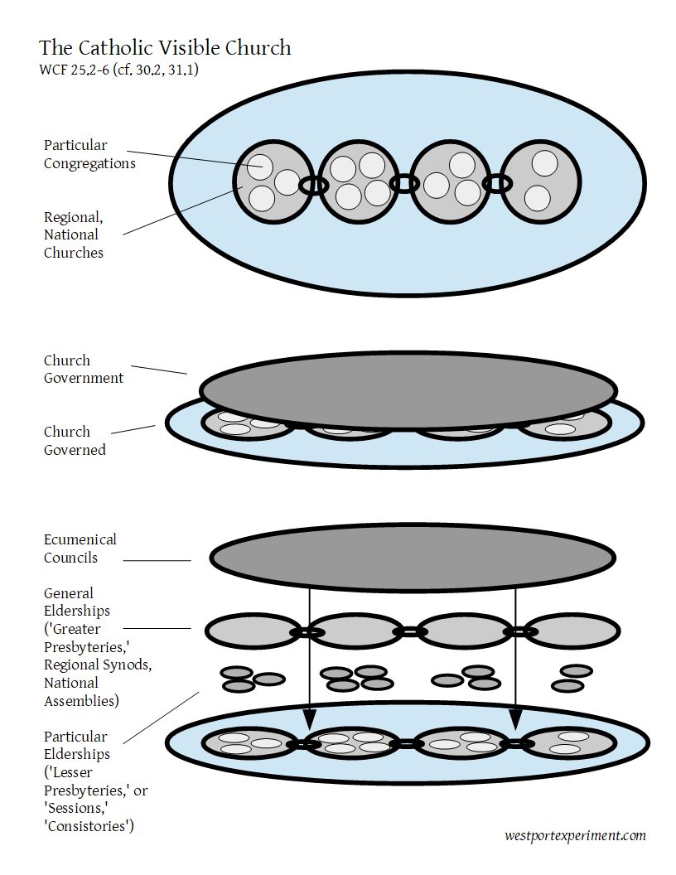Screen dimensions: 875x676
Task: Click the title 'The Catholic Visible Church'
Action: click(165, 47)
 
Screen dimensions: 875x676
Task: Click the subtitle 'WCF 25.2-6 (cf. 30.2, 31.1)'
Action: click(118, 70)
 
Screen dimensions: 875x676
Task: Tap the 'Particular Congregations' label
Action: click(89, 154)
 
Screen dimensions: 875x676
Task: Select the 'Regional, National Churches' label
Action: click(74, 234)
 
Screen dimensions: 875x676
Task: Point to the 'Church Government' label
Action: click(84, 369)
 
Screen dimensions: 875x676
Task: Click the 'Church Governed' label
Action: click(75, 441)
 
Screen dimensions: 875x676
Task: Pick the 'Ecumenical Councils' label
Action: click(80, 549)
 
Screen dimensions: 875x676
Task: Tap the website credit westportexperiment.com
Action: click(574, 835)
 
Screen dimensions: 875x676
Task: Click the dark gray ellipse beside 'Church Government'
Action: click(408, 389)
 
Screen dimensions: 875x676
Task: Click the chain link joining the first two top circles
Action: click(313, 184)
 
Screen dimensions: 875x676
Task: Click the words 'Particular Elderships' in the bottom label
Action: click(75, 746)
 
